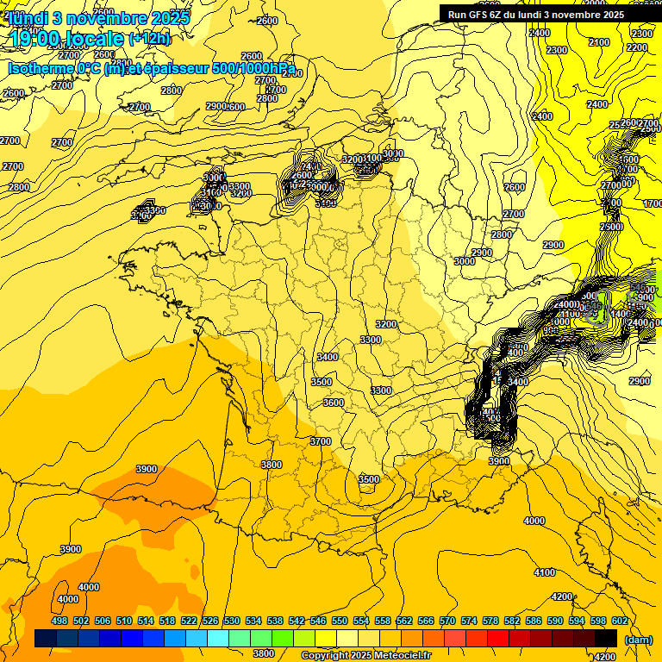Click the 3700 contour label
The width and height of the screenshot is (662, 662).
point(320,441)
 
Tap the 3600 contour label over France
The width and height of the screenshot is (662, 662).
point(333,403)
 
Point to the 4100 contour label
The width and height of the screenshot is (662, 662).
point(544,572)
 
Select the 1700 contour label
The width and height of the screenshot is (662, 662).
point(653,203)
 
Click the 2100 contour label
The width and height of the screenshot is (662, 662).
point(598,42)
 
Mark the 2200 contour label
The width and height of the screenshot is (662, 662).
point(637,47)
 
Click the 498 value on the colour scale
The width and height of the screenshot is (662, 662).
point(59,621)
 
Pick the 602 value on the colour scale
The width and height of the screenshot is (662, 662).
point(619,621)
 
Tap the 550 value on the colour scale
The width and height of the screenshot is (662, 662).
point(340,621)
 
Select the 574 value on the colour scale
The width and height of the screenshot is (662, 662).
point(469,621)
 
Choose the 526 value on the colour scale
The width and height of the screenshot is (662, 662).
point(210,621)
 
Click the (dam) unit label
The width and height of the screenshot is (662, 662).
point(637,639)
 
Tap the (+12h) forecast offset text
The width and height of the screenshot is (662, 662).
point(149,39)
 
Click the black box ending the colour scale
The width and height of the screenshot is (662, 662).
point(606,638)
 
